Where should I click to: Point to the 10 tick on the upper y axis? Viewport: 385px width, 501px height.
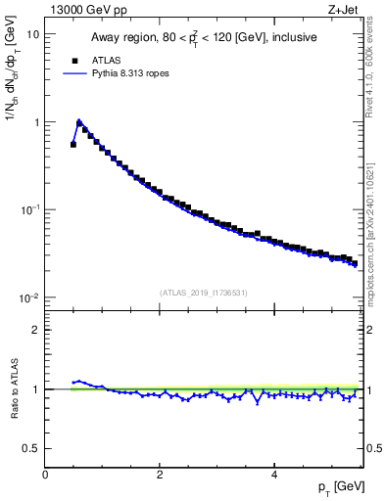point(33,34)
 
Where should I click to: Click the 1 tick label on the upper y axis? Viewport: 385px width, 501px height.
point(36,122)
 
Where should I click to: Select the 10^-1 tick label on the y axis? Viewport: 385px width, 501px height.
point(31,210)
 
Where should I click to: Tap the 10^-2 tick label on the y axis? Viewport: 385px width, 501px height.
point(31,298)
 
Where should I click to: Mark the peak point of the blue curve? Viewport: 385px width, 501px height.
point(79,122)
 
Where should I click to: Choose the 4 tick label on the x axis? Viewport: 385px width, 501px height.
point(273,475)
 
